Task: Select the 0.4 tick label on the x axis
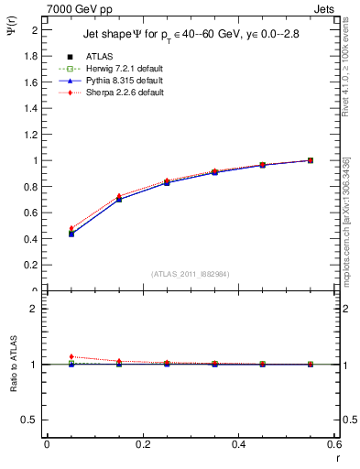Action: click(x=238, y=444)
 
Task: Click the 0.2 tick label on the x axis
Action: click(x=142, y=444)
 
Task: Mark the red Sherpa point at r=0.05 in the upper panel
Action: click(x=71, y=228)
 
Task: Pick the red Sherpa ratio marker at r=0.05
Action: click(x=71, y=356)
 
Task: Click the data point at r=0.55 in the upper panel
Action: click(x=311, y=160)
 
